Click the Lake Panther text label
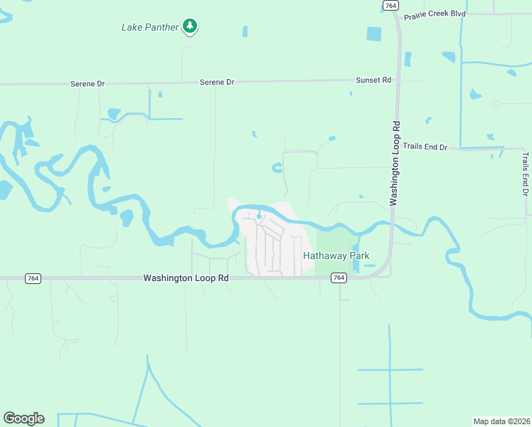149,28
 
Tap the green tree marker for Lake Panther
189,26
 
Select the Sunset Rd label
373,80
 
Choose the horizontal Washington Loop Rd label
186,278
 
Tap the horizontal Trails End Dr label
425,147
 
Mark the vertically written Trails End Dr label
525,174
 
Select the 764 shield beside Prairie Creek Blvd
390,5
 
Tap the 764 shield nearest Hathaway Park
339,278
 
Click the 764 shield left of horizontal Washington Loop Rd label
31,278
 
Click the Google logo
23,418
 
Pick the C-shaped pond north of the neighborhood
277,168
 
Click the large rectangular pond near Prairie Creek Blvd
374,33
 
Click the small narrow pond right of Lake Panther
245,31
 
